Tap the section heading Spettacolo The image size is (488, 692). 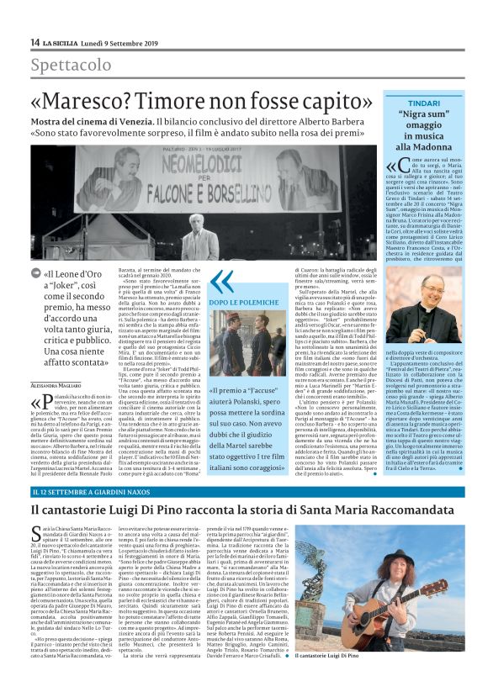[71, 66]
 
